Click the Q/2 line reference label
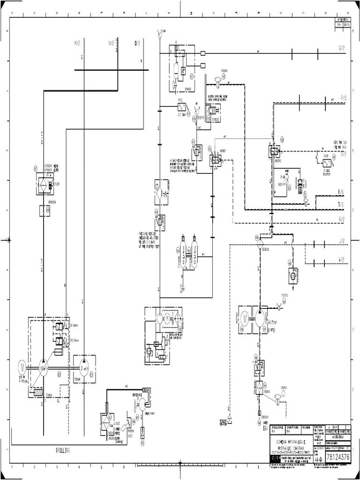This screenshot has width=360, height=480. (342, 48)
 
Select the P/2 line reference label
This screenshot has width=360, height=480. (343, 98)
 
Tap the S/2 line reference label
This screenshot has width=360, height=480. (343, 153)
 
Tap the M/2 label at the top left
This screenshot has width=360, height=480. (77, 43)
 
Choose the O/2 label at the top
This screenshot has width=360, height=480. (137, 43)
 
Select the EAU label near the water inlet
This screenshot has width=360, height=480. (265, 427)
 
